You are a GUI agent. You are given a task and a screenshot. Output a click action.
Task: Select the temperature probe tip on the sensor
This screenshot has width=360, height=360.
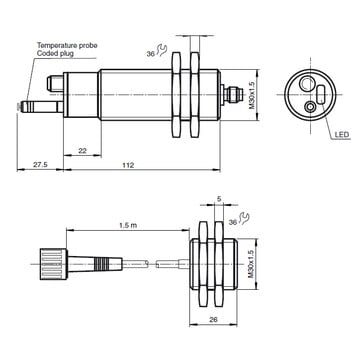(x=29, y=103)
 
